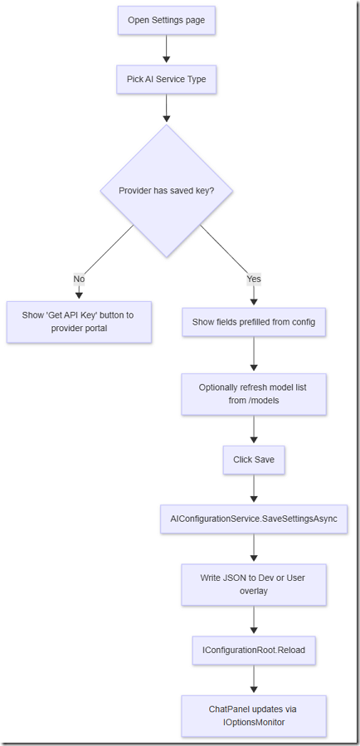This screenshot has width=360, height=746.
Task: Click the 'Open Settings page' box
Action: [x=167, y=21]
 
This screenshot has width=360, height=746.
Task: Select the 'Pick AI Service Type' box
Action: [x=167, y=80]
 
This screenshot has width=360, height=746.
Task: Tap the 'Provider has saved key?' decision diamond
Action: [x=167, y=191]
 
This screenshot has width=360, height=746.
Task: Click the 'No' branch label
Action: [x=79, y=280]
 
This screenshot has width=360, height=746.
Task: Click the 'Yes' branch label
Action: [x=254, y=280]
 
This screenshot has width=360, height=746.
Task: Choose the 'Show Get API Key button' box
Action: [x=79, y=322]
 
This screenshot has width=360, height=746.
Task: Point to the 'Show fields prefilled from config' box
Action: [x=254, y=322]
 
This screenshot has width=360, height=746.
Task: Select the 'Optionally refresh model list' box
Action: [x=254, y=394]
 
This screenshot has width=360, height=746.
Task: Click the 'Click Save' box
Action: [x=254, y=460]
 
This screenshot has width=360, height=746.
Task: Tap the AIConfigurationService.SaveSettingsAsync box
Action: [x=254, y=519]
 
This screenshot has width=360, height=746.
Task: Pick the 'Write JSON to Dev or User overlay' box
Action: [x=254, y=585]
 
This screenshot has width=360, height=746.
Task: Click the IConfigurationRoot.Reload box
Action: [x=254, y=651]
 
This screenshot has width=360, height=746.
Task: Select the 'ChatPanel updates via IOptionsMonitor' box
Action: [x=254, y=716]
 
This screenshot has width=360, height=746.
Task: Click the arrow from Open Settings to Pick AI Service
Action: [x=167, y=49]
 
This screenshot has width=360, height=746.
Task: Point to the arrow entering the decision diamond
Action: [x=167, y=108]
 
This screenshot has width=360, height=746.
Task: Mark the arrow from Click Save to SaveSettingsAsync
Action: [x=254, y=489]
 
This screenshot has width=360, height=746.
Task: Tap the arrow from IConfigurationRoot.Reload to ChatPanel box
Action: [x=254, y=679]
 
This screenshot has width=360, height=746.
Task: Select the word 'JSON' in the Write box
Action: [x=232, y=578]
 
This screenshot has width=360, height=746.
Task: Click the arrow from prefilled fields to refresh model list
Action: [x=254, y=354]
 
